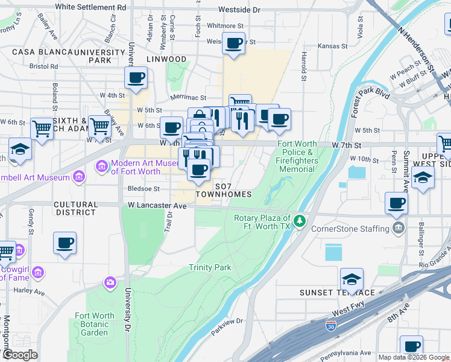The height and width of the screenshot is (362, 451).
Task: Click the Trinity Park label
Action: (210, 267)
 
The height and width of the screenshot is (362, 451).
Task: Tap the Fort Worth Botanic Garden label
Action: (95, 324)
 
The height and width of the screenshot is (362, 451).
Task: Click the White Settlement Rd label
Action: (90, 8)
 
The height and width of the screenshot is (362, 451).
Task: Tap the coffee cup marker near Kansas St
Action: (233, 43)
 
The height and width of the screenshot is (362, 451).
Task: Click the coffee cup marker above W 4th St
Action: (136, 77)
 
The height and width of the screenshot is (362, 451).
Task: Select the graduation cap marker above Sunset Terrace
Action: (352, 279)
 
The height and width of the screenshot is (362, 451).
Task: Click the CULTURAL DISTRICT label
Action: (75, 209)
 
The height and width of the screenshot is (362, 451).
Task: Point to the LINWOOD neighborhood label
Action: (166, 59)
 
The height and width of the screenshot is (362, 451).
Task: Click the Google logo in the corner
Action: (20, 355)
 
